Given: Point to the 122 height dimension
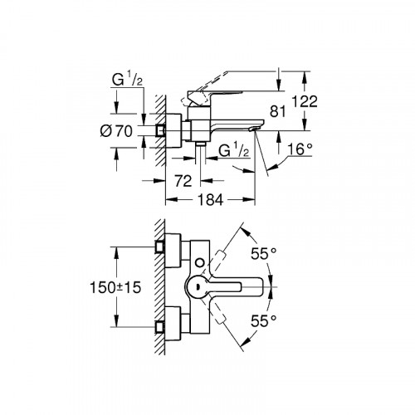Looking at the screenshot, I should [306, 102].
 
